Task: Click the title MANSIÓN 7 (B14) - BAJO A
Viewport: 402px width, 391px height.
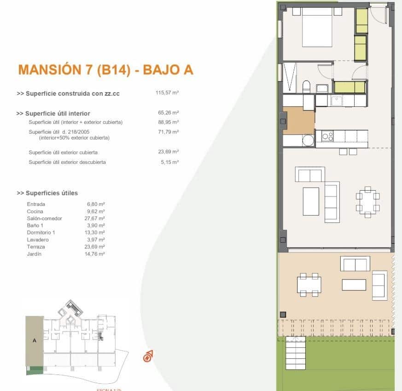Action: [x=105, y=70]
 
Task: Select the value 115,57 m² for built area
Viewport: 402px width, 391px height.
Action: [x=167, y=93]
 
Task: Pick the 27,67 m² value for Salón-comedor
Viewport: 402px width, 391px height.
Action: [x=96, y=218]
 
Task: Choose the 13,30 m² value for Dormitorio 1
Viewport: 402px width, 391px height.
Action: [x=96, y=233]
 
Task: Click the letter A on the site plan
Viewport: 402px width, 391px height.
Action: [x=34, y=341]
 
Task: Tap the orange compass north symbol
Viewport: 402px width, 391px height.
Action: [x=148, y=356]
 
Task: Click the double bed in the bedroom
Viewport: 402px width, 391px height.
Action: [x=317, y=29]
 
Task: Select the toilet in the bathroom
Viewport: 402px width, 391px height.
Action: [x=306, y=87]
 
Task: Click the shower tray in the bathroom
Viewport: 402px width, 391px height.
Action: [x=291, y=77]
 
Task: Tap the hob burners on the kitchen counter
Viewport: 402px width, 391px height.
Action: [x=327, y=136]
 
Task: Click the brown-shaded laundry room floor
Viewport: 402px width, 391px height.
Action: [x=299, y=120]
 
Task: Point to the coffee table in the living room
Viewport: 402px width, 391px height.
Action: [x=311, y=201]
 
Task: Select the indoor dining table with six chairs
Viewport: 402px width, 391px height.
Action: [x=367, y=202]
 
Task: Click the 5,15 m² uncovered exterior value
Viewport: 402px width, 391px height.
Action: [x=168, y=162]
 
